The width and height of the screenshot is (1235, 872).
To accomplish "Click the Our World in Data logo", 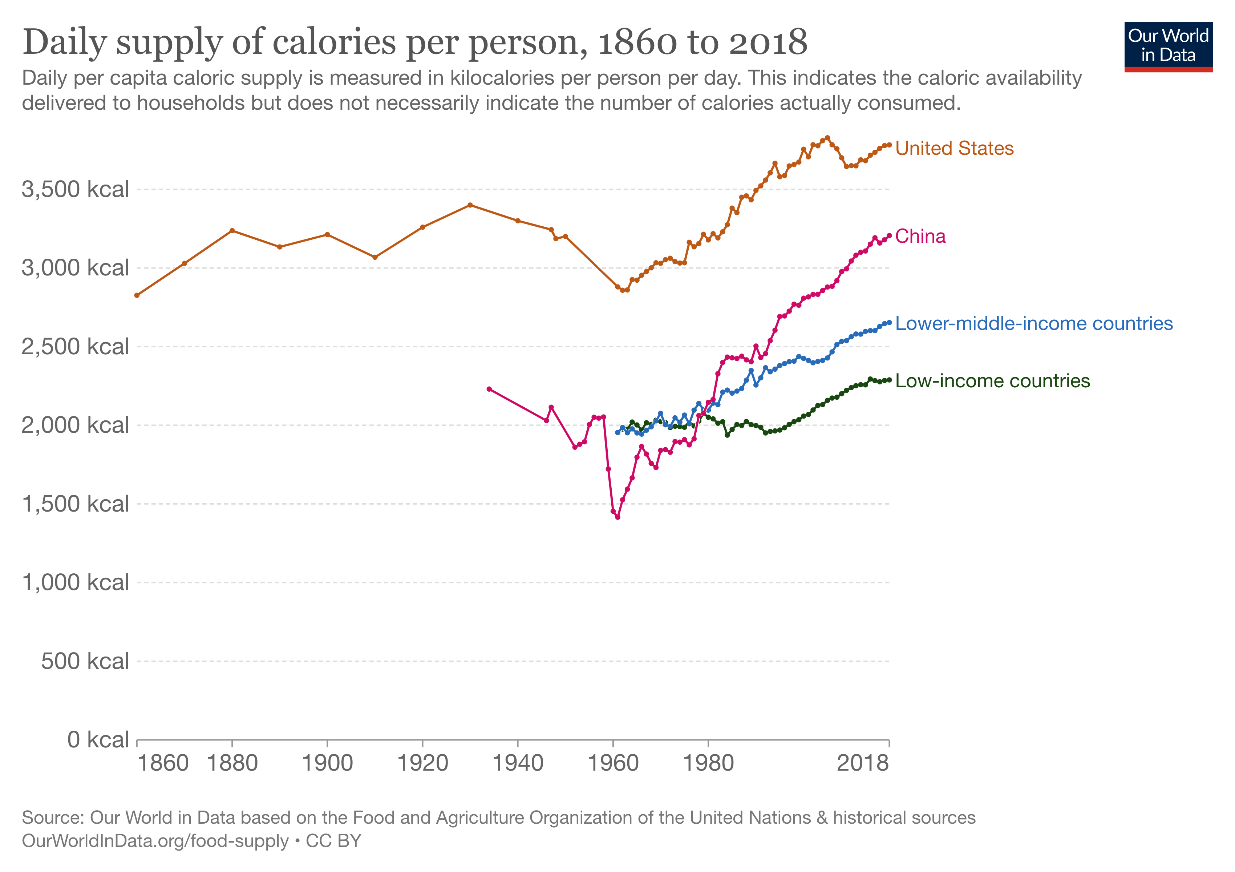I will coord(1168,46).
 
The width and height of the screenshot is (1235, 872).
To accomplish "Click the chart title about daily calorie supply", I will coord(415,41).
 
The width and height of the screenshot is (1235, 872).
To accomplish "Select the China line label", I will coord(920,236).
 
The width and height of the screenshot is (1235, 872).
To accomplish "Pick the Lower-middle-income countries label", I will coord(1034,323).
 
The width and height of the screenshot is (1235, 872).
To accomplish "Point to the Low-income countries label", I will coord(992,381).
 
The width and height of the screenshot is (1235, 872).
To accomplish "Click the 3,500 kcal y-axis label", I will coord(75,189).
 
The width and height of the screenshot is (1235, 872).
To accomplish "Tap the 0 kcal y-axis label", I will coord(98,740).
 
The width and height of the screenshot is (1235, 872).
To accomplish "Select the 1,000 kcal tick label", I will coord(75,582).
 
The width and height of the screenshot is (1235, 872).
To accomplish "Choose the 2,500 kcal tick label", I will coord(75,347).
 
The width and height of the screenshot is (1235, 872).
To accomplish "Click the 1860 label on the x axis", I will coord(163,763).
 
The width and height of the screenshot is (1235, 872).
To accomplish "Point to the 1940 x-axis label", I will coord(518,763).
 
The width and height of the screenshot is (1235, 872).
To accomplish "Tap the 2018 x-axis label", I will coord(863,763).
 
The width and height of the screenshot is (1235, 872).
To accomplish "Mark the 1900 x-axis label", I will coord(327,763).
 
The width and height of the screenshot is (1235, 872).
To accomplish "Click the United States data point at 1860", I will coord(137,295).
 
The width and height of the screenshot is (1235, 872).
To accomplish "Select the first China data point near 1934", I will coord(489,389).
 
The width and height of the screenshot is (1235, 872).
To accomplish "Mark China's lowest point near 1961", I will coord(617,517).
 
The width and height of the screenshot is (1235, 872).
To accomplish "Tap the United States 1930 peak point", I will coord(470,205).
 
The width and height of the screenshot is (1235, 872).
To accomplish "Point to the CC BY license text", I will coord(333,841).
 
